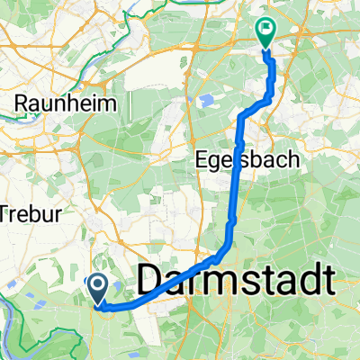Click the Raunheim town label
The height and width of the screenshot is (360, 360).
click(x=65, y=103)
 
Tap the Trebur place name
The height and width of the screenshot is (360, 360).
click(x=21, y=213)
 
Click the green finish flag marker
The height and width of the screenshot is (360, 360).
click(x=266, y=31)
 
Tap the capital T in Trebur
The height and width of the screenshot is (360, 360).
click(x=4, y=213)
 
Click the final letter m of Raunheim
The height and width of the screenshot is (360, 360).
click(x=110, y=103)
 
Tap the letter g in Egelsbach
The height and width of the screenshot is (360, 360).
click(x=218, y=163)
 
